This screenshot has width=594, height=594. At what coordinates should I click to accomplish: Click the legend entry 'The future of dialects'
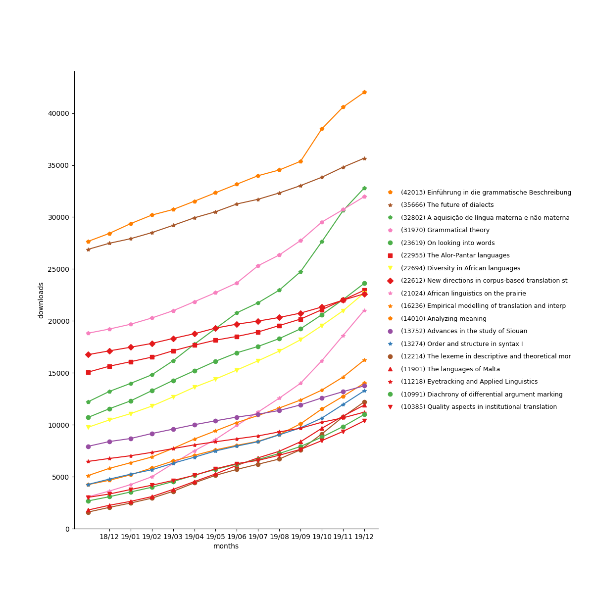point(447,205)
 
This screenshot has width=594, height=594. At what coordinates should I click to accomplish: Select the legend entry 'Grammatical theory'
point(445,230)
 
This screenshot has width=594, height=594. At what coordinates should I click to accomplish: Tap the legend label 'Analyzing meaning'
point(444,319)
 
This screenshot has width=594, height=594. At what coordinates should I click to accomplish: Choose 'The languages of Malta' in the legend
point(450,369)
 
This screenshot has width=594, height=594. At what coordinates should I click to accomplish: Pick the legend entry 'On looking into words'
point(447,243)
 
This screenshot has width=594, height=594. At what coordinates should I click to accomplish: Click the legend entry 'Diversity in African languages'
point(460,268)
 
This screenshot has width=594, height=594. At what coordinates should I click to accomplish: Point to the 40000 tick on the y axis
point(58,113)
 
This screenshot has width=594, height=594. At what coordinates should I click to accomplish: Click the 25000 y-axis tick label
point(58,269)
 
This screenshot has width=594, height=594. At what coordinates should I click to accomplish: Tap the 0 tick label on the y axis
point(67,529)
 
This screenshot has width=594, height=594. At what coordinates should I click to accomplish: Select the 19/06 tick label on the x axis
point(237,537)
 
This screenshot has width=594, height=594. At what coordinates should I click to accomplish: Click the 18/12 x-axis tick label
point(109,537)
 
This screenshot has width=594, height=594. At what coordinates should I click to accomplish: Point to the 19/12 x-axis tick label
point(364,537)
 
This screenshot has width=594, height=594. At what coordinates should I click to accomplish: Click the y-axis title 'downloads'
point(41,300)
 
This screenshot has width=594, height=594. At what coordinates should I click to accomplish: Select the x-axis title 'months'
point(226,546)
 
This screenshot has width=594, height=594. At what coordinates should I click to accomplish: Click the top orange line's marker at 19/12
point(364,92)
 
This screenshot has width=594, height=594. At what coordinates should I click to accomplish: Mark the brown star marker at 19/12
point(364,158)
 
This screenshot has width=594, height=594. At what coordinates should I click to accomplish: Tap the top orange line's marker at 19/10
point(322,129)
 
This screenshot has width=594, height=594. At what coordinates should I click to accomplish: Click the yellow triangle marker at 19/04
point(195,387)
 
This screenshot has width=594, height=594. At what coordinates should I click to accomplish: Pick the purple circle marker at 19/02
point(152,434)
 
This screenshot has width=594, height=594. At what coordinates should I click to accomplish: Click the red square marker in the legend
point(390,255)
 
